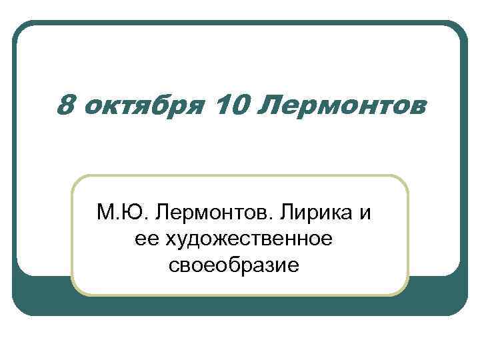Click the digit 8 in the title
[65, 104]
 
